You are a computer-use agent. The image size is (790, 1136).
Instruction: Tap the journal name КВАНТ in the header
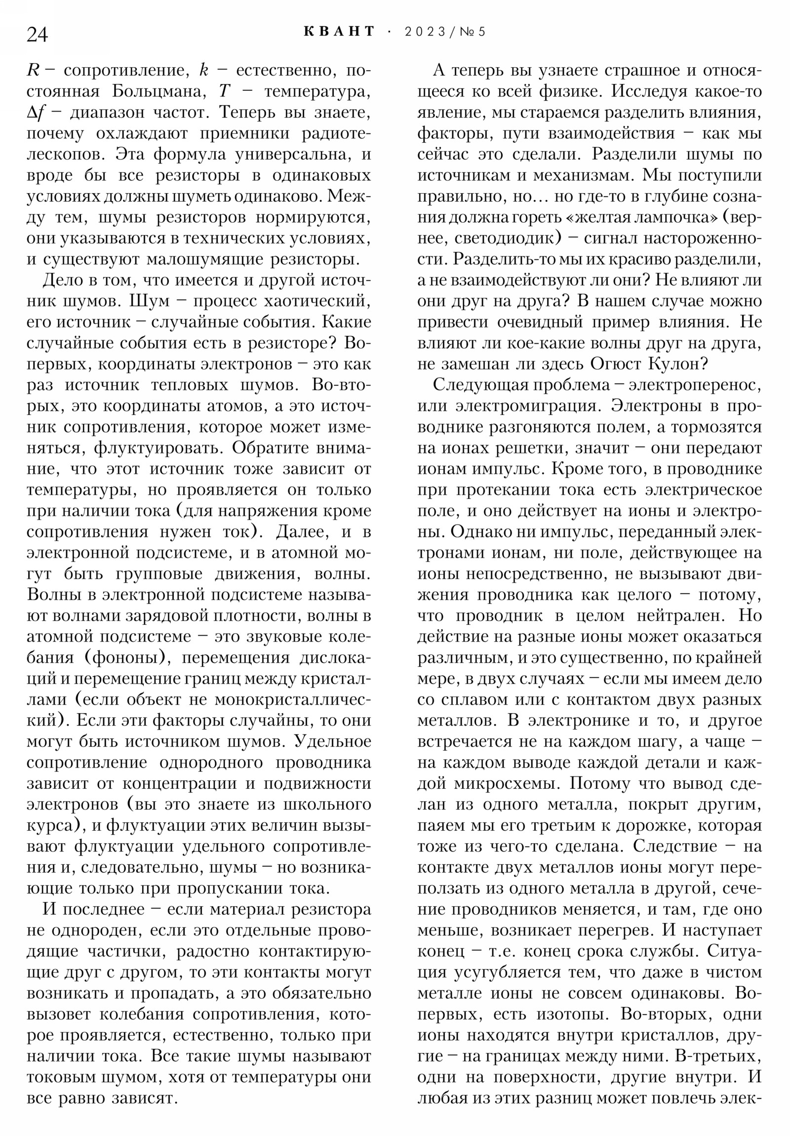click(339, 32)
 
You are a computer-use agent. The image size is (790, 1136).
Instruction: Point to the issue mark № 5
click(472, 32)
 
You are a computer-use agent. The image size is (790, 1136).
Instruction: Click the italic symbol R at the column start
click(33, 71)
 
